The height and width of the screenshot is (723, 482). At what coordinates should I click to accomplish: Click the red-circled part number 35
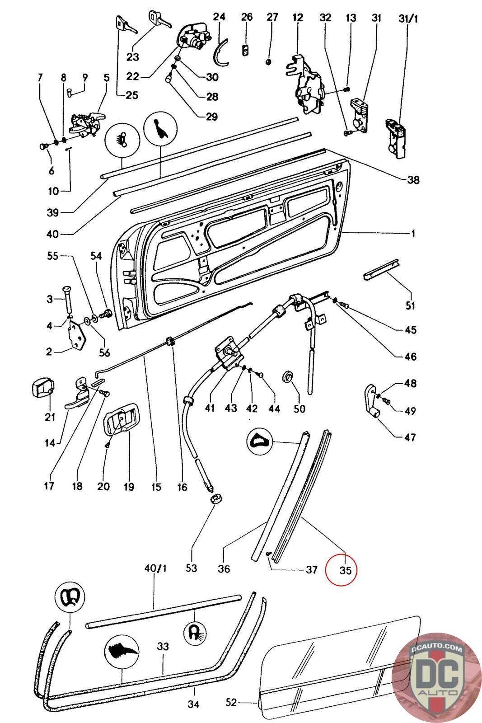tap(345, 570)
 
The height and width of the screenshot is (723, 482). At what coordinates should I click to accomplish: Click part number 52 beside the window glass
tap(231, 702)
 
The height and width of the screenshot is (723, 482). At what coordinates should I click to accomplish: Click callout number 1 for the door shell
tap(412, 234)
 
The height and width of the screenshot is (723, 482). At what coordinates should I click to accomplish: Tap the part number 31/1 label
tap(408, 18)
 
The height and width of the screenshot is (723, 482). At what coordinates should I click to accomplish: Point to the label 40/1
tap(155, 568)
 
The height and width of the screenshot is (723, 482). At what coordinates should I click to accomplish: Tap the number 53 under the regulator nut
tap(192, 568)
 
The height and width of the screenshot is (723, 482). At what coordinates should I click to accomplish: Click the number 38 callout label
tap(412, 180)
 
